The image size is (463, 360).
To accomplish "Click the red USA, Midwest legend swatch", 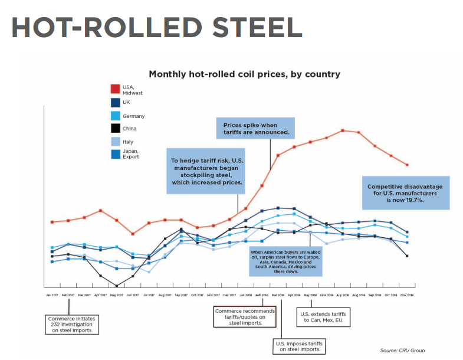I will point(115,89).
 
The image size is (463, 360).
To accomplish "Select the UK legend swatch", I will point(115,103).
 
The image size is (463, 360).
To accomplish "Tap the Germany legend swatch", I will point(115,116).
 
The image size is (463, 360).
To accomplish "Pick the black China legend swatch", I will point(115,128).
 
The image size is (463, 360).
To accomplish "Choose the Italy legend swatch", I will point(115,142).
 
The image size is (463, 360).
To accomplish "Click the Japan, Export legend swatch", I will point(115,155).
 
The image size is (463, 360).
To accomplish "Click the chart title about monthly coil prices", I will point(244,74).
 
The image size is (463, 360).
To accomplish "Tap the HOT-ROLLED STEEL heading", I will point(156,27).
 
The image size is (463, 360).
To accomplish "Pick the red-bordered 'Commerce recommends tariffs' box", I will point(244,316).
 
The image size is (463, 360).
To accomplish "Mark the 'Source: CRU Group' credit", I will point(402,351).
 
